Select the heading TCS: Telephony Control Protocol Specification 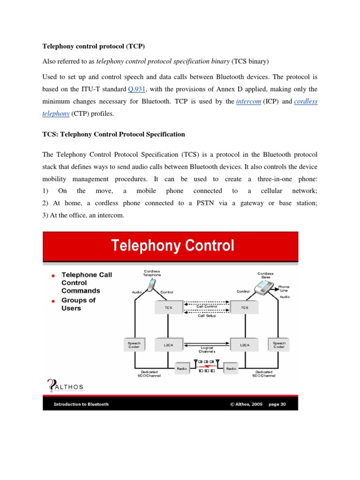[114, 134]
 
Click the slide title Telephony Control [172, 246]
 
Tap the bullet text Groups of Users [78, 304]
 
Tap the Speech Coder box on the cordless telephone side [135, 345]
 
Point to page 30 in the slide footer [277, 404]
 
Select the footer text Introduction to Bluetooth [81, 404]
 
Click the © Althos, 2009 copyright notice [247, 404]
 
